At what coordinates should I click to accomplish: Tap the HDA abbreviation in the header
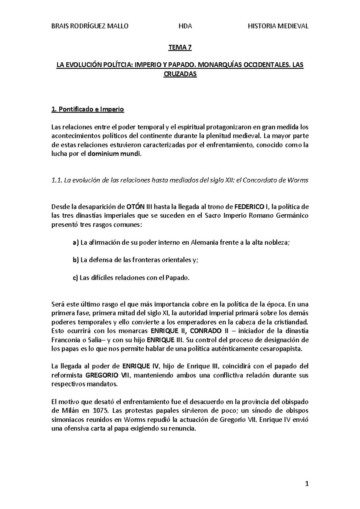pyautogui.click(x=185, y=26)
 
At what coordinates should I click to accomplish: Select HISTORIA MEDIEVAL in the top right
pyautogui.click(x=278, y=26)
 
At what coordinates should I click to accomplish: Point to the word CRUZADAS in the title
pyautogui.click(x=180, y=74)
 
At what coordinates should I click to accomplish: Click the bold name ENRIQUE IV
pyautogui.click(x=142, y=366)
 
